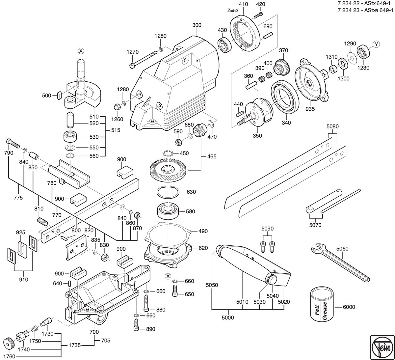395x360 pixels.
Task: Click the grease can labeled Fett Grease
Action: (x=322, y=304)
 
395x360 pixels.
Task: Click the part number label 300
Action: (x=197, y=25)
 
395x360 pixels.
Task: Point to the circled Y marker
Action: (x=376, y=44)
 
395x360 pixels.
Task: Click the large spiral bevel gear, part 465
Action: (x=168, y=169)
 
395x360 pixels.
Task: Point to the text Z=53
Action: (x=233, y=11)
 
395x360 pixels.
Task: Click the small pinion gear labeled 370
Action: (x=281, y=68)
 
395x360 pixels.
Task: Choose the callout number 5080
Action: (x=332, y=126)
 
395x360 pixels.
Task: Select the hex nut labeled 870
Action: (x=137, y=215)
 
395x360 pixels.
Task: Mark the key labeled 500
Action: (x=59, y=96)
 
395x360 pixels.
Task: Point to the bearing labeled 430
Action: (x=225, y=45)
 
